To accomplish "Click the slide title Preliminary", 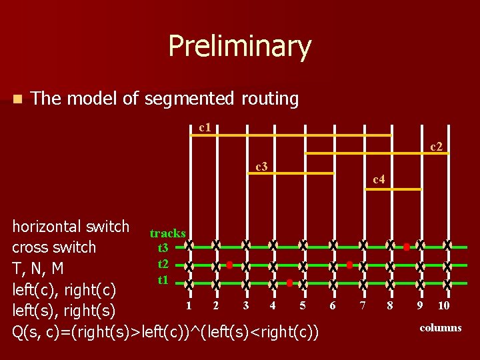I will (x=239, y=46).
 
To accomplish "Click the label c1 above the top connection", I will (x=205, y=127).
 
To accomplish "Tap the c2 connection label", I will (x=436, y=145).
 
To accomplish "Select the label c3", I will (x=262, y=165).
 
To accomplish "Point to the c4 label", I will (x=378, y=179).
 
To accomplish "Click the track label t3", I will (x=163, y=247).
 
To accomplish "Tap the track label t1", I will (x=163, y=279).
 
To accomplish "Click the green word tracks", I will (x=167, y=233).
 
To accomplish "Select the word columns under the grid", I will (x=441, y=327).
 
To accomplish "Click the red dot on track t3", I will (x=406, y=247).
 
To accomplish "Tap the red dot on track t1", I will (x=289, y=283).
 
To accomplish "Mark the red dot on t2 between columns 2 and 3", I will (x=229, y=265).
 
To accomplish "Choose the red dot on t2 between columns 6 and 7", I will (x=349, y=265).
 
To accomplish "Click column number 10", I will (x=443, y=306).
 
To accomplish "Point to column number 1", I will (x=189, y=305).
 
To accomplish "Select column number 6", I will (x=332, y=306).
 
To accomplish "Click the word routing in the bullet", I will (x=269, y=99).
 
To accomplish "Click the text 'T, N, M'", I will (x=38, y=268).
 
